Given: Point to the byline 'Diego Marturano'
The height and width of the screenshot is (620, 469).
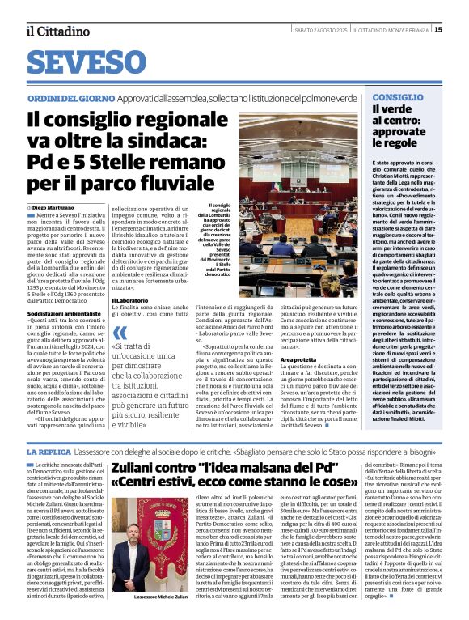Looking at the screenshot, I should point(55,209).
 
